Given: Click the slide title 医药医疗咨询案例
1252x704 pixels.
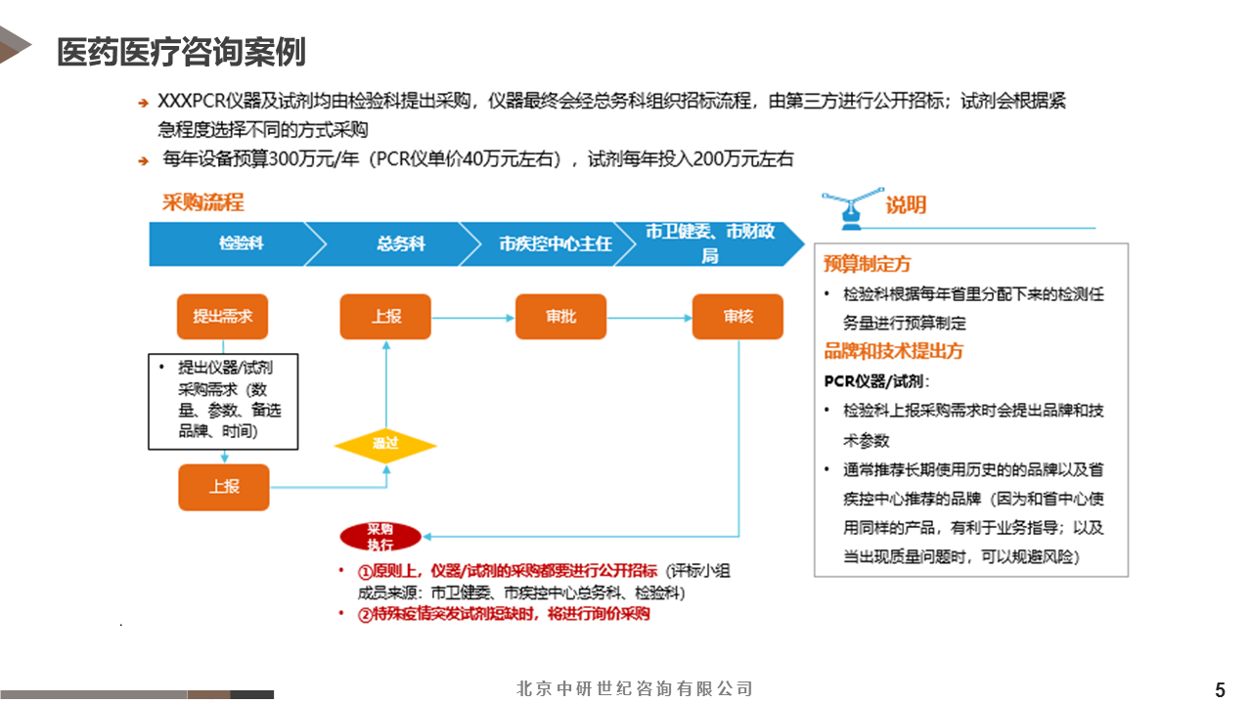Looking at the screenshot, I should click(x=181, y=52).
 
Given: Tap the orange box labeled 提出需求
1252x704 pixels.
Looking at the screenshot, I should click(x=223, y=316).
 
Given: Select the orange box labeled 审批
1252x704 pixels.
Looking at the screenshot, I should click(x=561, y=317).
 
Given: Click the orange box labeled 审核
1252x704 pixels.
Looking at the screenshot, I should click(x=738, y=317).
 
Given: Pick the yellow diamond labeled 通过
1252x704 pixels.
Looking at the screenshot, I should click(x=385, y=445).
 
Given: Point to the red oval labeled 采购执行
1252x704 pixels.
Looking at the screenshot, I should click(x=380, y=537).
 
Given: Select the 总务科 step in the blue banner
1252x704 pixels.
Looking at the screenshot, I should click(x=401, y=243).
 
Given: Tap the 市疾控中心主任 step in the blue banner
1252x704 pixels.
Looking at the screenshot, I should click(x=555, y=243).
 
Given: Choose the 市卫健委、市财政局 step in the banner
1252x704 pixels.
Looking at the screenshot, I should click(x=710, y=243).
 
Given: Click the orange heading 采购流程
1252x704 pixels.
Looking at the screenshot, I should click(x=202, y=202).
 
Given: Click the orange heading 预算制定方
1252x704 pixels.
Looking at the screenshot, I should click(x=868, y=264).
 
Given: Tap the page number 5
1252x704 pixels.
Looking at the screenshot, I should click(x=1220, y=689).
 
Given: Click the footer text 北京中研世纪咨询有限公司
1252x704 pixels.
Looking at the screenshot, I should click(x=635, y=689).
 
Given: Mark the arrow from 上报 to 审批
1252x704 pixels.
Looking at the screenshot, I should click(x=473, y=317).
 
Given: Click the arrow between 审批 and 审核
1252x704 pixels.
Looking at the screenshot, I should click(x=649, y=317).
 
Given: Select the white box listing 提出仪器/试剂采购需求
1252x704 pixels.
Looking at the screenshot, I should click(x=223, y=402).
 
